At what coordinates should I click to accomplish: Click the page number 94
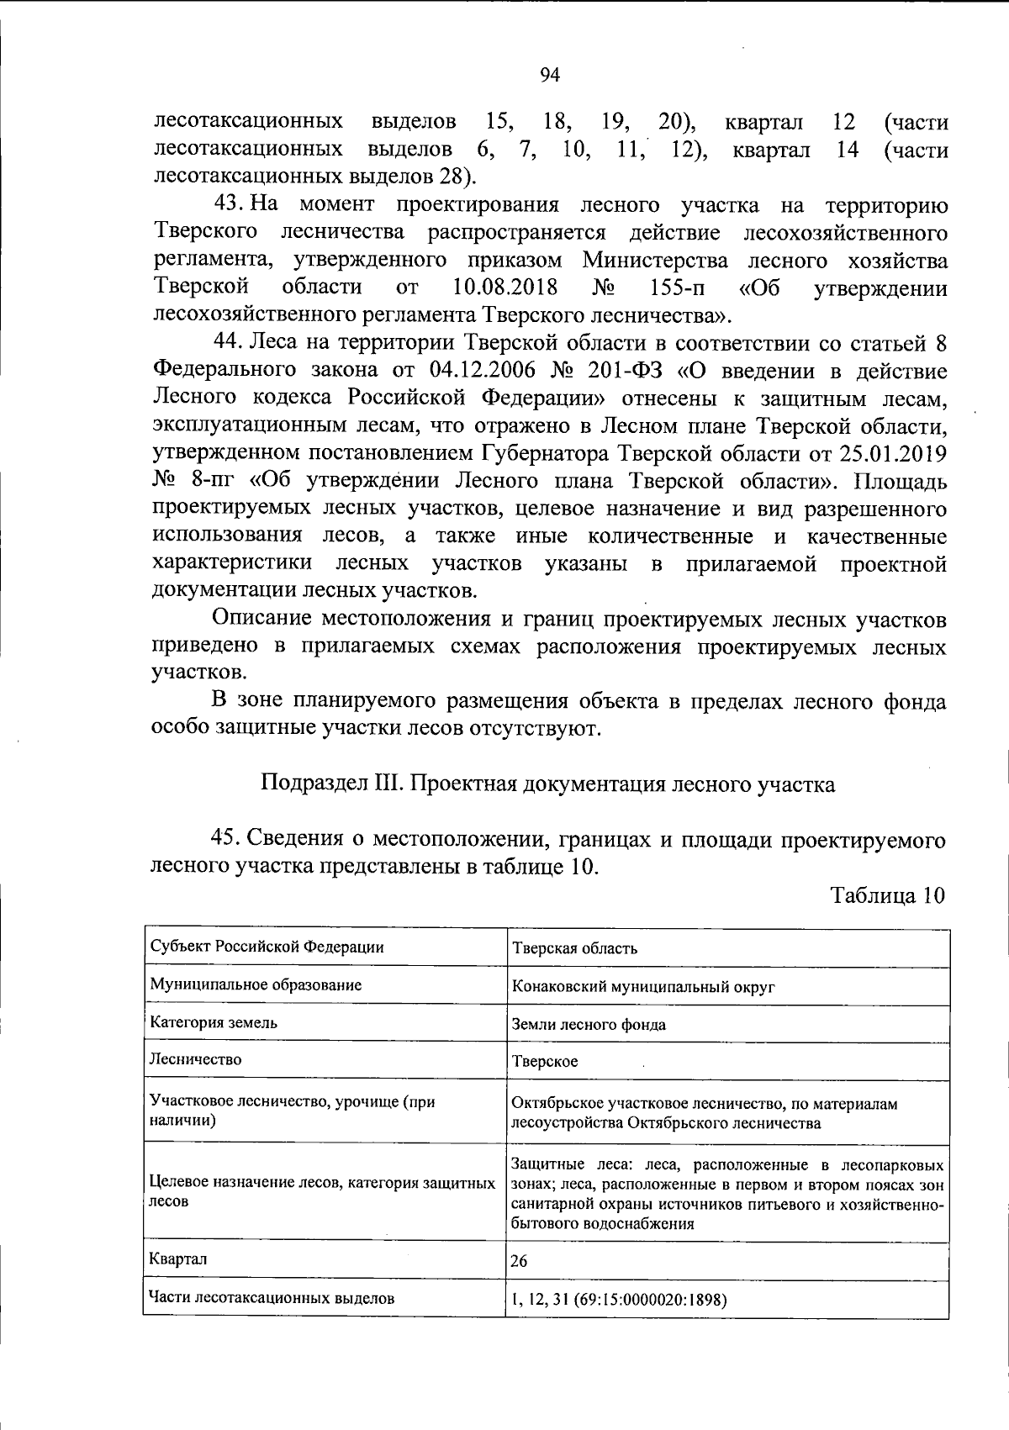pos(549,76)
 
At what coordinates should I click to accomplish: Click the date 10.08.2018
pos(504,288)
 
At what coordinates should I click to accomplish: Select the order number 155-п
pos(678,288)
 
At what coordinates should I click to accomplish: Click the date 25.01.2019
pos(892,453)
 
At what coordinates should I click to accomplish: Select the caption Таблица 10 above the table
pos(889,894)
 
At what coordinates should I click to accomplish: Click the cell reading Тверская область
pos(575,949)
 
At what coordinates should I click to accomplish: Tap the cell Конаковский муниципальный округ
pos(643,987)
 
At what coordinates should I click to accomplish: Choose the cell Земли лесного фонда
pos(589,1025)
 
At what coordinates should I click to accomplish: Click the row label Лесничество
pos(195,1059)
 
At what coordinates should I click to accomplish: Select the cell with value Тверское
pos(545,1062)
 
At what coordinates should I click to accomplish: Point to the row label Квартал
pos(178,1259)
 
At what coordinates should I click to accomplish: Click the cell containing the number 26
pos(520,1262)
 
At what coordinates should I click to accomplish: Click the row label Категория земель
pos(214,1023)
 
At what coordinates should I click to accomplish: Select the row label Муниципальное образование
pos(256,985)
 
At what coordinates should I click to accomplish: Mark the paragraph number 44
pos(227,344)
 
